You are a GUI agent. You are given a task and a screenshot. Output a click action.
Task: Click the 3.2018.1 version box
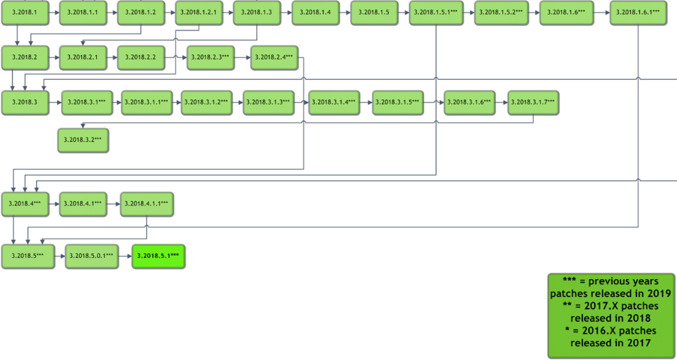coord(25,12)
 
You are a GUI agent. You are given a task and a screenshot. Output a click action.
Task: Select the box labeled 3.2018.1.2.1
coord(199,12)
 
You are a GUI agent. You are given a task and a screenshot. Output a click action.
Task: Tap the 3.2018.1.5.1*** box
coord(436,12)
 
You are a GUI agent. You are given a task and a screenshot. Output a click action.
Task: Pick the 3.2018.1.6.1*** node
coord(638,12)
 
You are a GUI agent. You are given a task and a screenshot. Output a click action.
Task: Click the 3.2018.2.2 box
coord(141,57)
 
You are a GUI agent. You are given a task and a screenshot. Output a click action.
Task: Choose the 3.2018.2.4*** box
coord(274,57)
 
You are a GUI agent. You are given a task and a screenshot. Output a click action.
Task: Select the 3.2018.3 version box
coord(25,102)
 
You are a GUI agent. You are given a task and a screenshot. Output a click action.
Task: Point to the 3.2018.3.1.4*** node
coord(334,102)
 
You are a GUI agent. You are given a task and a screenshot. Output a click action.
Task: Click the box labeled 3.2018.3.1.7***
coord(533,102)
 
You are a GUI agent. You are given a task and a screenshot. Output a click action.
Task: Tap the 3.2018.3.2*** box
coord(83,140)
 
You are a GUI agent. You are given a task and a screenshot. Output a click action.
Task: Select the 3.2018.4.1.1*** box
coord(147,203)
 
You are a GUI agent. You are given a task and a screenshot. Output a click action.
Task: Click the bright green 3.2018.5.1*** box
coord(158,256)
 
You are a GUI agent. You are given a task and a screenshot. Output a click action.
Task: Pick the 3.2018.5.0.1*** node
coord(92,256)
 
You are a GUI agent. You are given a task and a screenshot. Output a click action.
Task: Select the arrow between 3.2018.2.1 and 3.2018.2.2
coord(112,57)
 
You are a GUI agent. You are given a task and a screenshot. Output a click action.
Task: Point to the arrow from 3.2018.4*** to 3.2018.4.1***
coord(54,203)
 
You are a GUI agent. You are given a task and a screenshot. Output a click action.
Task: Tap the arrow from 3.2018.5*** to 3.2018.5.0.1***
coord(60,256)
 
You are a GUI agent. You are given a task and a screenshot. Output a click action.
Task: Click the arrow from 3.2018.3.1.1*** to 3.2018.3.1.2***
coord(176,102)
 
